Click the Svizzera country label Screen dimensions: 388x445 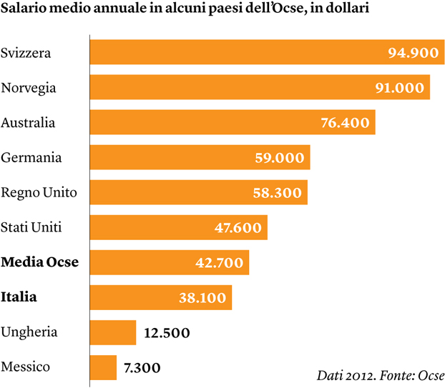(x=26, y=54)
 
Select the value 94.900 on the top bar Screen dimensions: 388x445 (x=412, y=54)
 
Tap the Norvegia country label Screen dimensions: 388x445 (x=29, y=89)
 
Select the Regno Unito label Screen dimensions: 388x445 (x=39, y=193)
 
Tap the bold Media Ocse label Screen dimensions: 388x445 (x=40, y=263)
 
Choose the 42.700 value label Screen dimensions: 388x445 (x=219, y=263)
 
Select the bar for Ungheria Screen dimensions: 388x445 (x=113, y=332)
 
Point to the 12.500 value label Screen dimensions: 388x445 (x=168, y=333)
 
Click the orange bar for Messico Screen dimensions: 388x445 (x=103, y=367)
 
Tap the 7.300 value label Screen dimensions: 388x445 (x=142, y=368)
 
